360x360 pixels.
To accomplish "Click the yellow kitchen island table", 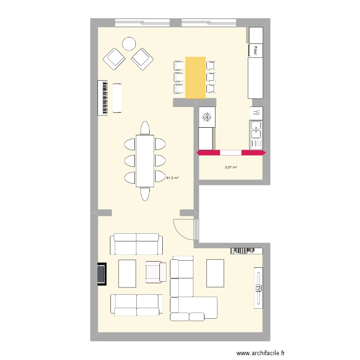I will click(195, 78).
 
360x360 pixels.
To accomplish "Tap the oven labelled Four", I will click(256, 50).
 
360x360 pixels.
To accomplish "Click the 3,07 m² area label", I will click(231, 167).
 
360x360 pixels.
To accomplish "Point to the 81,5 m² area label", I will click(172, 178).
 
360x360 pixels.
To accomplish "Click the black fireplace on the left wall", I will click(101, 274).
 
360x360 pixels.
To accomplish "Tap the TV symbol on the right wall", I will click(259, 288).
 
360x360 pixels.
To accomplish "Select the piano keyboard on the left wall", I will click(104, 98).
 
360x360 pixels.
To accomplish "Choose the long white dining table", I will click(145, 161).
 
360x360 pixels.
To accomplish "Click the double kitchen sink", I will click(256, 134).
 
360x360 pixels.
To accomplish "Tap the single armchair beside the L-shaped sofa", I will click(156, 272).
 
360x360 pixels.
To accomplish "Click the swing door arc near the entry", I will click(184, 229).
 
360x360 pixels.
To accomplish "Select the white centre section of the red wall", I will click(231, 153).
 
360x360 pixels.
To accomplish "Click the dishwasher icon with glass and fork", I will click(256, 112).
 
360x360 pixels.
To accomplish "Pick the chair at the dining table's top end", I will click(145, 128).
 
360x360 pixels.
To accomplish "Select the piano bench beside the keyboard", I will click(117, 98).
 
